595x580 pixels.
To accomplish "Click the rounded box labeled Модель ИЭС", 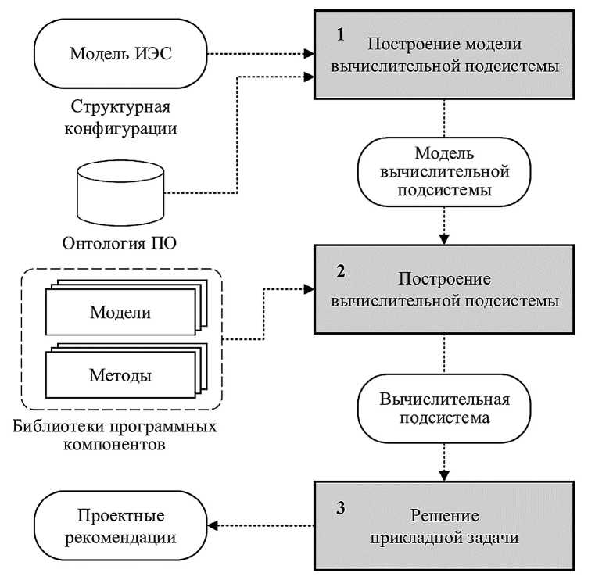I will pos(120,55).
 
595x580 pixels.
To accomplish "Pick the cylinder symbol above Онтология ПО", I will pos(120,192).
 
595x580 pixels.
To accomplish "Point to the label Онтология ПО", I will pos(120,243).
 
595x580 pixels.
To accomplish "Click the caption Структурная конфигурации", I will pos(120,117).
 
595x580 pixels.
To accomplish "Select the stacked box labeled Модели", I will pos(120,313).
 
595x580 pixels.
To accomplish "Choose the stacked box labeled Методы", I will pos(120,375).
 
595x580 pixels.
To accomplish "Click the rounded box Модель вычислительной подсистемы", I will pos(444,172).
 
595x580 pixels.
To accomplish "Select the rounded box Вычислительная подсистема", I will pos(444,409).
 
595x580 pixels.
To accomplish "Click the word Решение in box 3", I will pos(444,517).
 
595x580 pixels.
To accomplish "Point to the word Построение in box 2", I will pos(444,279).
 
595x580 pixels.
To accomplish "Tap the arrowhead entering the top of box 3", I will pos(445,474).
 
